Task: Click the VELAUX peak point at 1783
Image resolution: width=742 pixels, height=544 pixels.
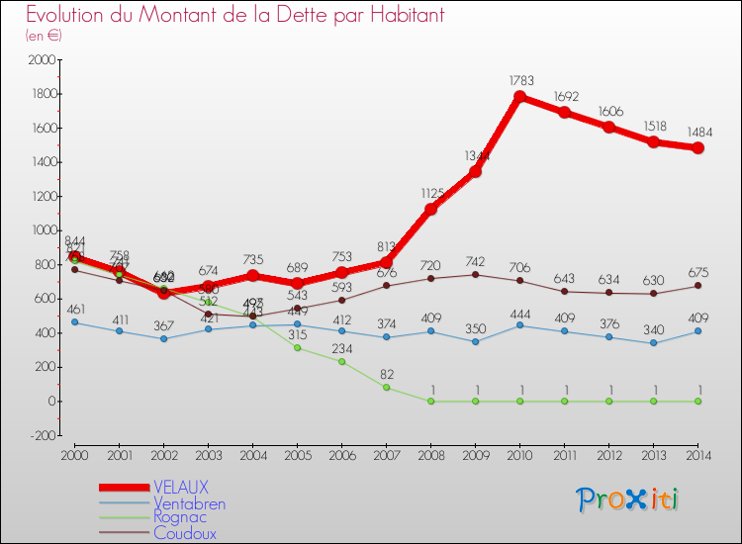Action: pyautogui.click(x=519, y=97)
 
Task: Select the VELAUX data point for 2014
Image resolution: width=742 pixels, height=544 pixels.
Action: pyautogui.click(x=698, y=147)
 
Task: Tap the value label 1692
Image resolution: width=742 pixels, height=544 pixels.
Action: pyautogui.click(x=564, y=98)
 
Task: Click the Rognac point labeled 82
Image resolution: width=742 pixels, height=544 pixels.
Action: pyautogui.click(x=386, y=387)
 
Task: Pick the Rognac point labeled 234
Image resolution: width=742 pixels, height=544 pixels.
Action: pyautogui.click(x=341, y=361)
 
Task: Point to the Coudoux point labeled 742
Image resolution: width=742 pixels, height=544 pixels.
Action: pyautogui.click(x=475, y=274)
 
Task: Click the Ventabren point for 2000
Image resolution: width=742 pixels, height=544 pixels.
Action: pyautogui.click(x=74, y=322)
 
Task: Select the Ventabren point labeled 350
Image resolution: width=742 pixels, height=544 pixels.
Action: pyautogui.click(x=475, y=342)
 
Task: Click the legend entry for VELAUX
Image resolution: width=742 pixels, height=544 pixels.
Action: pyautogui.click(x=181, y=488)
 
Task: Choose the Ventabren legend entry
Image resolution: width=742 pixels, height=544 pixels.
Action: pyautogui.click(x=189, y=503)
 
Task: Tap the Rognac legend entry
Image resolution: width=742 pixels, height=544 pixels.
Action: pyautogui.click(x=180, y=518)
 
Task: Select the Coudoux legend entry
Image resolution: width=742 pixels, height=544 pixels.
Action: pyautogui.click(x=184, y=533)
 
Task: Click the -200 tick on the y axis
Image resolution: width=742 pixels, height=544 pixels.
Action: pyautogui.click(x=41, y=435)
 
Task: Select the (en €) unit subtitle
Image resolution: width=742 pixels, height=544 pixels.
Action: pyautogui.click(x=44, y=36)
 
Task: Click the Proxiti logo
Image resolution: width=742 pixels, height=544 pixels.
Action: pyautogui.click(x=627, y=499)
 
